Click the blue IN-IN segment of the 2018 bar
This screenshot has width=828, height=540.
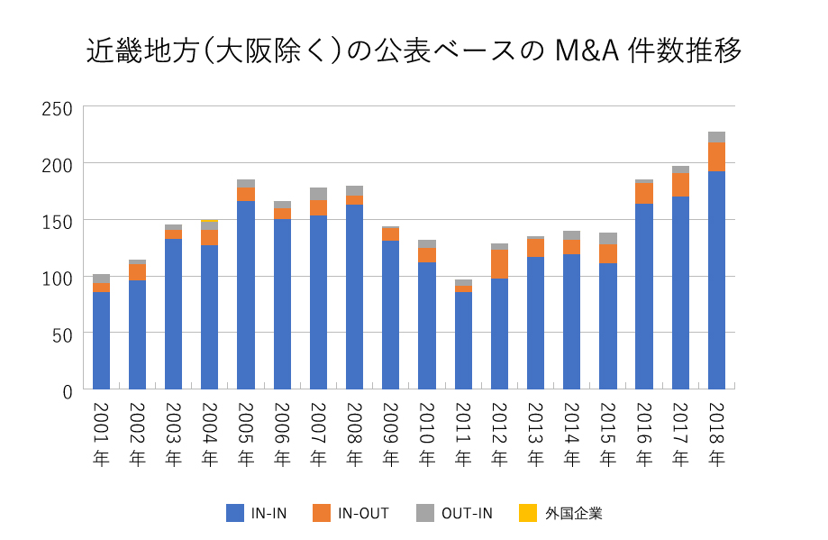tap(716, 279)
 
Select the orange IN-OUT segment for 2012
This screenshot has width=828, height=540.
tap(499, 264)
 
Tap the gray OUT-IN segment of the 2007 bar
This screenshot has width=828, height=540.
tap(318, 194)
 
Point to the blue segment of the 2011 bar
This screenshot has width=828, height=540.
tap(463, 340)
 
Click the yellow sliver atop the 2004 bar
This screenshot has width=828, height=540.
tap(210, 220)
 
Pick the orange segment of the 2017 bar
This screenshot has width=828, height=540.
tap(680, 185)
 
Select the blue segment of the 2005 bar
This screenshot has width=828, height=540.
tap(246, 295)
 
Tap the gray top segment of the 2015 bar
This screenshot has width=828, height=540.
tap(608, 239)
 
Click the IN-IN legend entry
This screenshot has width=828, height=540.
tap(257, 513)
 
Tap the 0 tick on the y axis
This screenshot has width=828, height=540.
tap(66, 389)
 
